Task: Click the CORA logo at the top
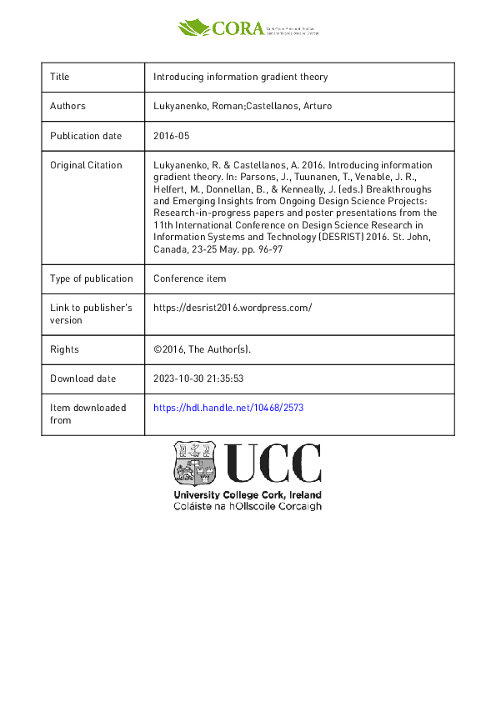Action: (248, 28)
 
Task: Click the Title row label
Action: (60, 77)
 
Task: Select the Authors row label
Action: (68, 106)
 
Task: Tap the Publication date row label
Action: (86, 136)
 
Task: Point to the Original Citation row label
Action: (86, 165)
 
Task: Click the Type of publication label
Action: (92, 278)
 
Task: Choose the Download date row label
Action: (83, 379)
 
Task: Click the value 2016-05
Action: (172, 136)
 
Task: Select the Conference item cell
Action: (189, 278)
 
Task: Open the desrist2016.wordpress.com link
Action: (233, 308)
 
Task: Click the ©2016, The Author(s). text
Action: (202, 349)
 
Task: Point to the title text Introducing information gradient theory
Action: (241, 77)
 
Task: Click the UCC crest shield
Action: (195, 464)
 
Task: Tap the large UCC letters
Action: (273, 464)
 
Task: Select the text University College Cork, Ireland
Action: (247, 494)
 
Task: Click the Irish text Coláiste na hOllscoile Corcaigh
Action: (247, 505)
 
